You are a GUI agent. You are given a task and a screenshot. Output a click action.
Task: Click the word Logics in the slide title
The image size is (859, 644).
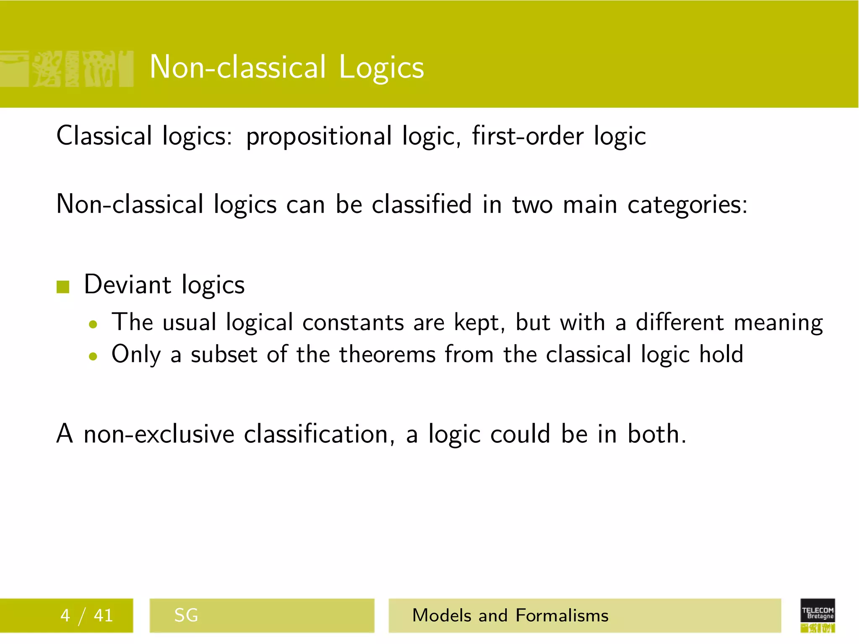pyautogui.click(x=381, y=68)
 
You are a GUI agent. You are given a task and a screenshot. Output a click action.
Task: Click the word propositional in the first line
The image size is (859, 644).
pyautogui.click(x=319, y=137)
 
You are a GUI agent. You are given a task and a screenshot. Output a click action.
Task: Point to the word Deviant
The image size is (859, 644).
pyautogui.click(x=128, y=285)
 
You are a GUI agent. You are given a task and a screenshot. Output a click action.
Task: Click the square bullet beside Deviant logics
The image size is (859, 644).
pyautogui.click(x=63, y=287)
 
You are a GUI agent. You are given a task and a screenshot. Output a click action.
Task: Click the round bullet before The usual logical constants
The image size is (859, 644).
pyautogui.click(x=93, y=324)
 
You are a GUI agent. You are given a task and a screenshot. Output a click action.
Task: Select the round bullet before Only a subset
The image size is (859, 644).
pyautogui.click(x=93, y=356)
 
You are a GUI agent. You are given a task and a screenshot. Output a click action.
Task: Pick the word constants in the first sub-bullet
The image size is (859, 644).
pyautogui.click(x=352, y=322)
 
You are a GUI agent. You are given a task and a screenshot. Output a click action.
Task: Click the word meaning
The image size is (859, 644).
pyautogui.click(x=778, y=323)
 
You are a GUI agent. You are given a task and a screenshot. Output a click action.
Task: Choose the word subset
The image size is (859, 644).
pyautogui.click(x=224, y=355)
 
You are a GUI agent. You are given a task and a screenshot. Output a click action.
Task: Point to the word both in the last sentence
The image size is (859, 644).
pyautogui.click(x=656, y=434)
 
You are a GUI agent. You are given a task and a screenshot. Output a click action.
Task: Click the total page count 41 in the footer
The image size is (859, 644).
pyautogui.click(x=103, y=615)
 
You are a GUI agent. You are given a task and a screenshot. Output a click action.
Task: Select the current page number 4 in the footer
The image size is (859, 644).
pyautogui.click(x=65, y=615)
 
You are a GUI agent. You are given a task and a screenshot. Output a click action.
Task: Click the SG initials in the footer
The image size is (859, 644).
pyautogui.click(x=186, y=615)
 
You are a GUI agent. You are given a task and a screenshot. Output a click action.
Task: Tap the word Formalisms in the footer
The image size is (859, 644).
pyautogui.click(x=562, y=615)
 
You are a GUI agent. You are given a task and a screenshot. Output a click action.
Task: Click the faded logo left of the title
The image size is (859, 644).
pyautogui.click(x=67, y=69)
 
